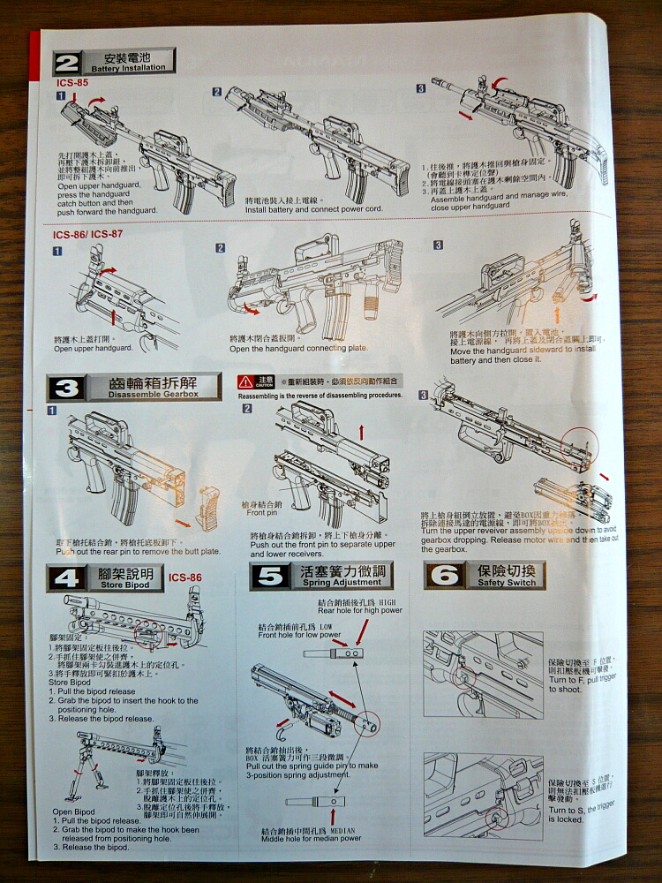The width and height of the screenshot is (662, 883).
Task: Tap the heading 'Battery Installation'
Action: (x=128, y=68)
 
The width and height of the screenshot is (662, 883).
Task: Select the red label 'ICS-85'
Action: (x=71, y=82)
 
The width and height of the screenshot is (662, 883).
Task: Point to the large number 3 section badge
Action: (x=68, y=388)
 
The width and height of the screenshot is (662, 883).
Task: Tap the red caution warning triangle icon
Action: (x=245, y=382)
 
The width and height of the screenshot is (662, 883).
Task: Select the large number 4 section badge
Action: (x=68, y=578)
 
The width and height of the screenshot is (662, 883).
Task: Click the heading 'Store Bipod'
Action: (x=125, y=585)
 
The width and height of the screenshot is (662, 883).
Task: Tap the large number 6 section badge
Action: (x=444, y=577)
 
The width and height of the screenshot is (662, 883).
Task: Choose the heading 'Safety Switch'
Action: (x=507, y=583)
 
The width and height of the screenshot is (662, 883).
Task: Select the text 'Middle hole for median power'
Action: (x=312, y=838)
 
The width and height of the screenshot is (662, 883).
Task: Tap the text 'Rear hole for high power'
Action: (x=359, y=610)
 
